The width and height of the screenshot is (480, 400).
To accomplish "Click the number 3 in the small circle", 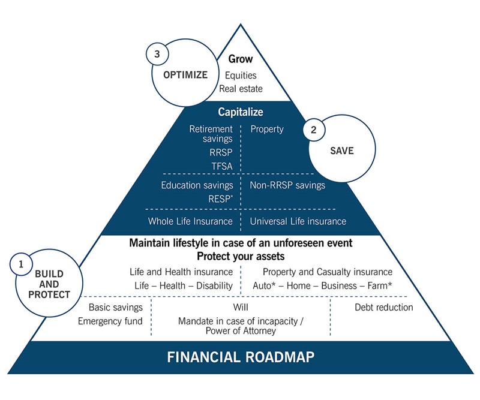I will [x=157, y=54].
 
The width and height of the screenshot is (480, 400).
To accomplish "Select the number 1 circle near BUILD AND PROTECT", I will [x=21, y=263].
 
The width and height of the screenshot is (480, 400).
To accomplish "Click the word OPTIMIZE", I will [x=185, y=75].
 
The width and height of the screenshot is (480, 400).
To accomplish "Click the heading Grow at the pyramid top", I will [x=241, y=59].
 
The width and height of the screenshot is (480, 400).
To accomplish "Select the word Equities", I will [x=240, y=76].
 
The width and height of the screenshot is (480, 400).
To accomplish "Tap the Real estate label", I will [x=240, y=89].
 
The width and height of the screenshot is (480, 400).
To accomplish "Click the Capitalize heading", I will [x=241, y=112].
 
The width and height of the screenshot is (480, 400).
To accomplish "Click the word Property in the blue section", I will [x=267, y=128].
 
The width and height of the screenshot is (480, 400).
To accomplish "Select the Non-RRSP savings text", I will [x=287, y=185].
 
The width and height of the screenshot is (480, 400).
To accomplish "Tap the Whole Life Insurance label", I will [x=190, y=221].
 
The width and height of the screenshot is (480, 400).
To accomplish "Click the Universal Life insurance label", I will [x=298, y=221].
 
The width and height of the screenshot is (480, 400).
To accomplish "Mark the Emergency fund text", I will [x=110, y=321].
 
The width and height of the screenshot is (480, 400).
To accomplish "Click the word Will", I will [x=240, y=308].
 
